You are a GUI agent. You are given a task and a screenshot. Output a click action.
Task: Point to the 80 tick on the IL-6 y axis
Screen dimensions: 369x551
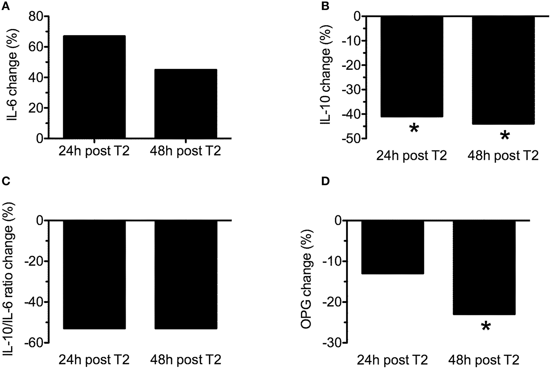[x=36, y=17]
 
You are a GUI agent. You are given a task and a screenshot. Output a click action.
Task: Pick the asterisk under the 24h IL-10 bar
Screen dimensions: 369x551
[x=414, y=128]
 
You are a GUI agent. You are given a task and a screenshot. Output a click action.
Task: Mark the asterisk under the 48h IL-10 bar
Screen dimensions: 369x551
[x=504, y=135]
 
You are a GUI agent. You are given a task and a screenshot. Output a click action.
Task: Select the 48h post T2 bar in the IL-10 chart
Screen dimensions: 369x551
[x=503, y=70]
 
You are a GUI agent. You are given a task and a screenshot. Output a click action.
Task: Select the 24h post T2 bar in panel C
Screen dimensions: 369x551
[x=94, y=275]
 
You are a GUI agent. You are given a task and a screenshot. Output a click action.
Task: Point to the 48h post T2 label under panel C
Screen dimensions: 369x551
[x=185, y=359]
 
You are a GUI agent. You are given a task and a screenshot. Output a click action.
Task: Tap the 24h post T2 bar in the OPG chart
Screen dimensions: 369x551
[x=392, y=248]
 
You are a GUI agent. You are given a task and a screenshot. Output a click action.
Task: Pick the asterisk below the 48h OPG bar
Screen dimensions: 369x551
[x=485, y=326]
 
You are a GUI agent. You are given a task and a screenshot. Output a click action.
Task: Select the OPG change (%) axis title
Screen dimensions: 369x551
[x=307, y=282]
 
